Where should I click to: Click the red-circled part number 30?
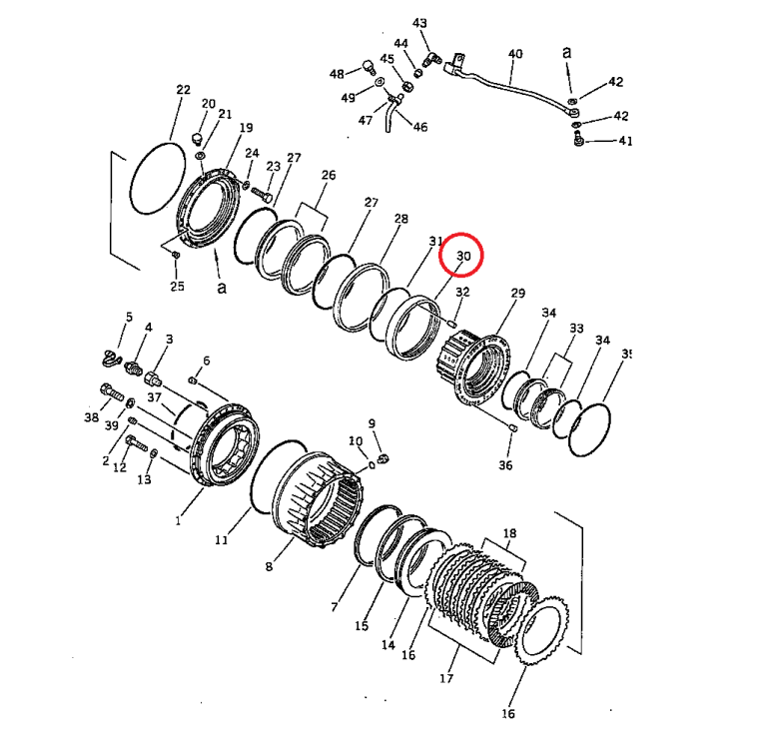463,257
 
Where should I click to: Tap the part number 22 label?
183,90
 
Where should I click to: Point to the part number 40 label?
515,53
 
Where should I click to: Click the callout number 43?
419,23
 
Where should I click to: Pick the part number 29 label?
517,293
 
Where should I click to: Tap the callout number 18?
510,534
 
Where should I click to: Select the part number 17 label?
445,679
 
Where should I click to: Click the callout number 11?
222,540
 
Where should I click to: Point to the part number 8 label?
269,566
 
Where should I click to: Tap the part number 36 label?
505,465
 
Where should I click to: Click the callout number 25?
177,288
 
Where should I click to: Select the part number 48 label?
337,74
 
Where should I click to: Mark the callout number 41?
625,142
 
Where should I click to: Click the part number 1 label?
179,519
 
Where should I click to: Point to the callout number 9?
372,423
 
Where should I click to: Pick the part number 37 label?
155,397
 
